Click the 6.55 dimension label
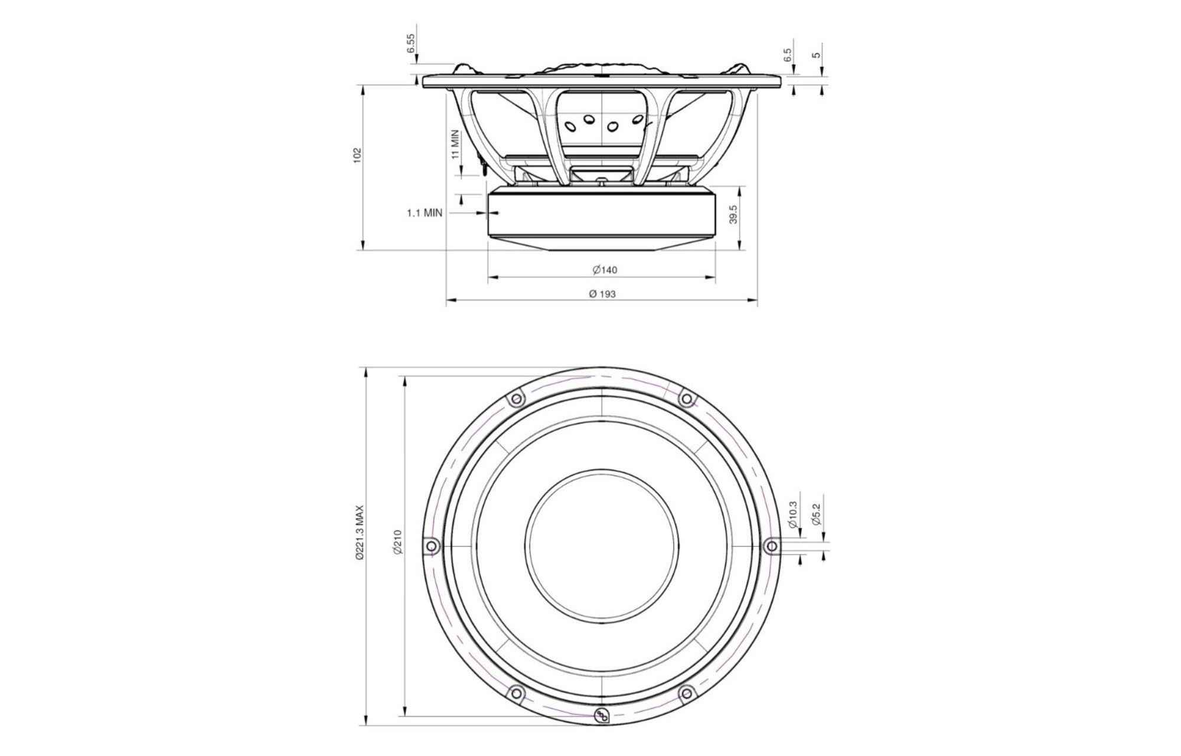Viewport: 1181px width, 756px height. point(412,43)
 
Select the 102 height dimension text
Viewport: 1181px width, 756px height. point(357,155)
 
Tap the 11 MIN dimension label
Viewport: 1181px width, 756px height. point(455,145)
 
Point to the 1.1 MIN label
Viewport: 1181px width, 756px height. point(424,213)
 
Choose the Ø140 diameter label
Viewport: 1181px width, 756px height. point(605,270)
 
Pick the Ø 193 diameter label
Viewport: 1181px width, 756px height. point(602,294)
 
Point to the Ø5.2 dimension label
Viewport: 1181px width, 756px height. point(816,514)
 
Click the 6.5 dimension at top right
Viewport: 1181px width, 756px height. point(787,56)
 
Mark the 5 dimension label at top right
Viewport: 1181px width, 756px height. point(817,55)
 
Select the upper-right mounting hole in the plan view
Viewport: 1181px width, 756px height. point(686,399)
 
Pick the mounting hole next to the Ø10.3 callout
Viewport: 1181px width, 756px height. point(771,546)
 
